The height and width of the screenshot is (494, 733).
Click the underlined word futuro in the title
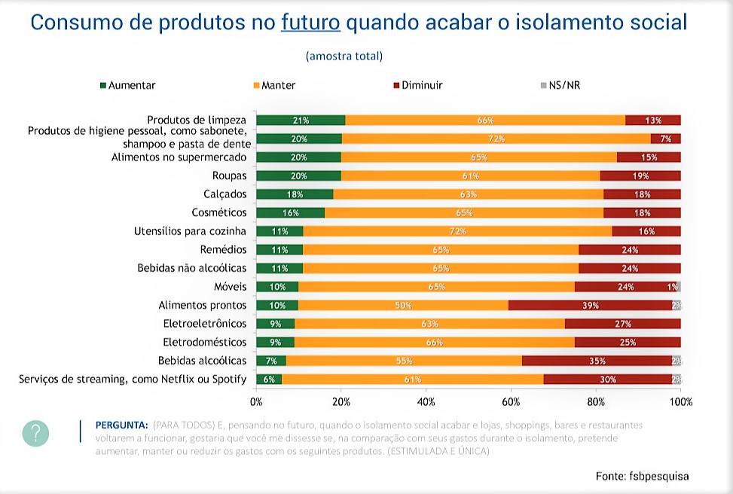click(x=310, y=22)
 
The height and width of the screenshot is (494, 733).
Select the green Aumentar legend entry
click(x=127, y=85)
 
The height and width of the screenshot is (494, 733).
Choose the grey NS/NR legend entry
click(x=560, y=85)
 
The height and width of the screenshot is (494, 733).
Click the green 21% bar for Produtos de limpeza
click(x=301, y=120)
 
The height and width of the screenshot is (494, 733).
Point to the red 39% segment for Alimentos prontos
click(x=590, y=305)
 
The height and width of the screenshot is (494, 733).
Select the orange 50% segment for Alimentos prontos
click(x=404, y=305)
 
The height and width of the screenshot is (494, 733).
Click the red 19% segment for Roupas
click(x=640, y=175)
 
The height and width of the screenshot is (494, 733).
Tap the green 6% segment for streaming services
click(x=269, y=379)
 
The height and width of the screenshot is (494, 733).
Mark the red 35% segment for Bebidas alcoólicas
click(x=598, y=361)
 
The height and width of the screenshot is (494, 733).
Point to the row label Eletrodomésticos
click(x=205, y=342)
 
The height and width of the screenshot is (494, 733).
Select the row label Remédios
click(x=225, y=249)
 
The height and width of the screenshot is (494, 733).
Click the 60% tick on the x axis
click(x=511, y=401)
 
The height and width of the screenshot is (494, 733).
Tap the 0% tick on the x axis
click(x=256, y=401)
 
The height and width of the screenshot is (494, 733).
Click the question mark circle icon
click(x=35, y=433)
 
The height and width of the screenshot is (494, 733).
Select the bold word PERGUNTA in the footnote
click(x=121, y=425)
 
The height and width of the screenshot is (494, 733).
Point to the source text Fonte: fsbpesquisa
click(x=642, y=476)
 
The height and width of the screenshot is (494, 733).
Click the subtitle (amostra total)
click(x=344, y=56)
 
